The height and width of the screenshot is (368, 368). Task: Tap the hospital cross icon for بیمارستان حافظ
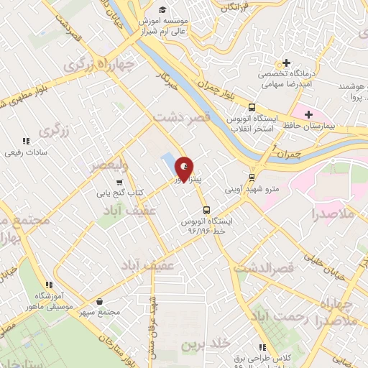tap(308, 114)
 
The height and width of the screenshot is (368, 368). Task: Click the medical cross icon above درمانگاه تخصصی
tap(286, 63)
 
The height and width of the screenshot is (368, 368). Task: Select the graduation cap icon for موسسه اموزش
tap(163, 9)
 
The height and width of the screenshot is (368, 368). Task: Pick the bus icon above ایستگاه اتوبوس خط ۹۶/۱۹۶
tap(207, 211)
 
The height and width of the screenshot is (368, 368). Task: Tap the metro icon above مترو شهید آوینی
tap(252, 178)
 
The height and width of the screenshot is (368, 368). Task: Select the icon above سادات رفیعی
tap(26, 141)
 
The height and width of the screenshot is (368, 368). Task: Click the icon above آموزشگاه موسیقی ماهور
tap(48, 285)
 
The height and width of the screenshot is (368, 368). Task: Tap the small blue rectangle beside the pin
tap(168, 162)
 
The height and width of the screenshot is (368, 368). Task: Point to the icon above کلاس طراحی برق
tap(262, 347)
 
